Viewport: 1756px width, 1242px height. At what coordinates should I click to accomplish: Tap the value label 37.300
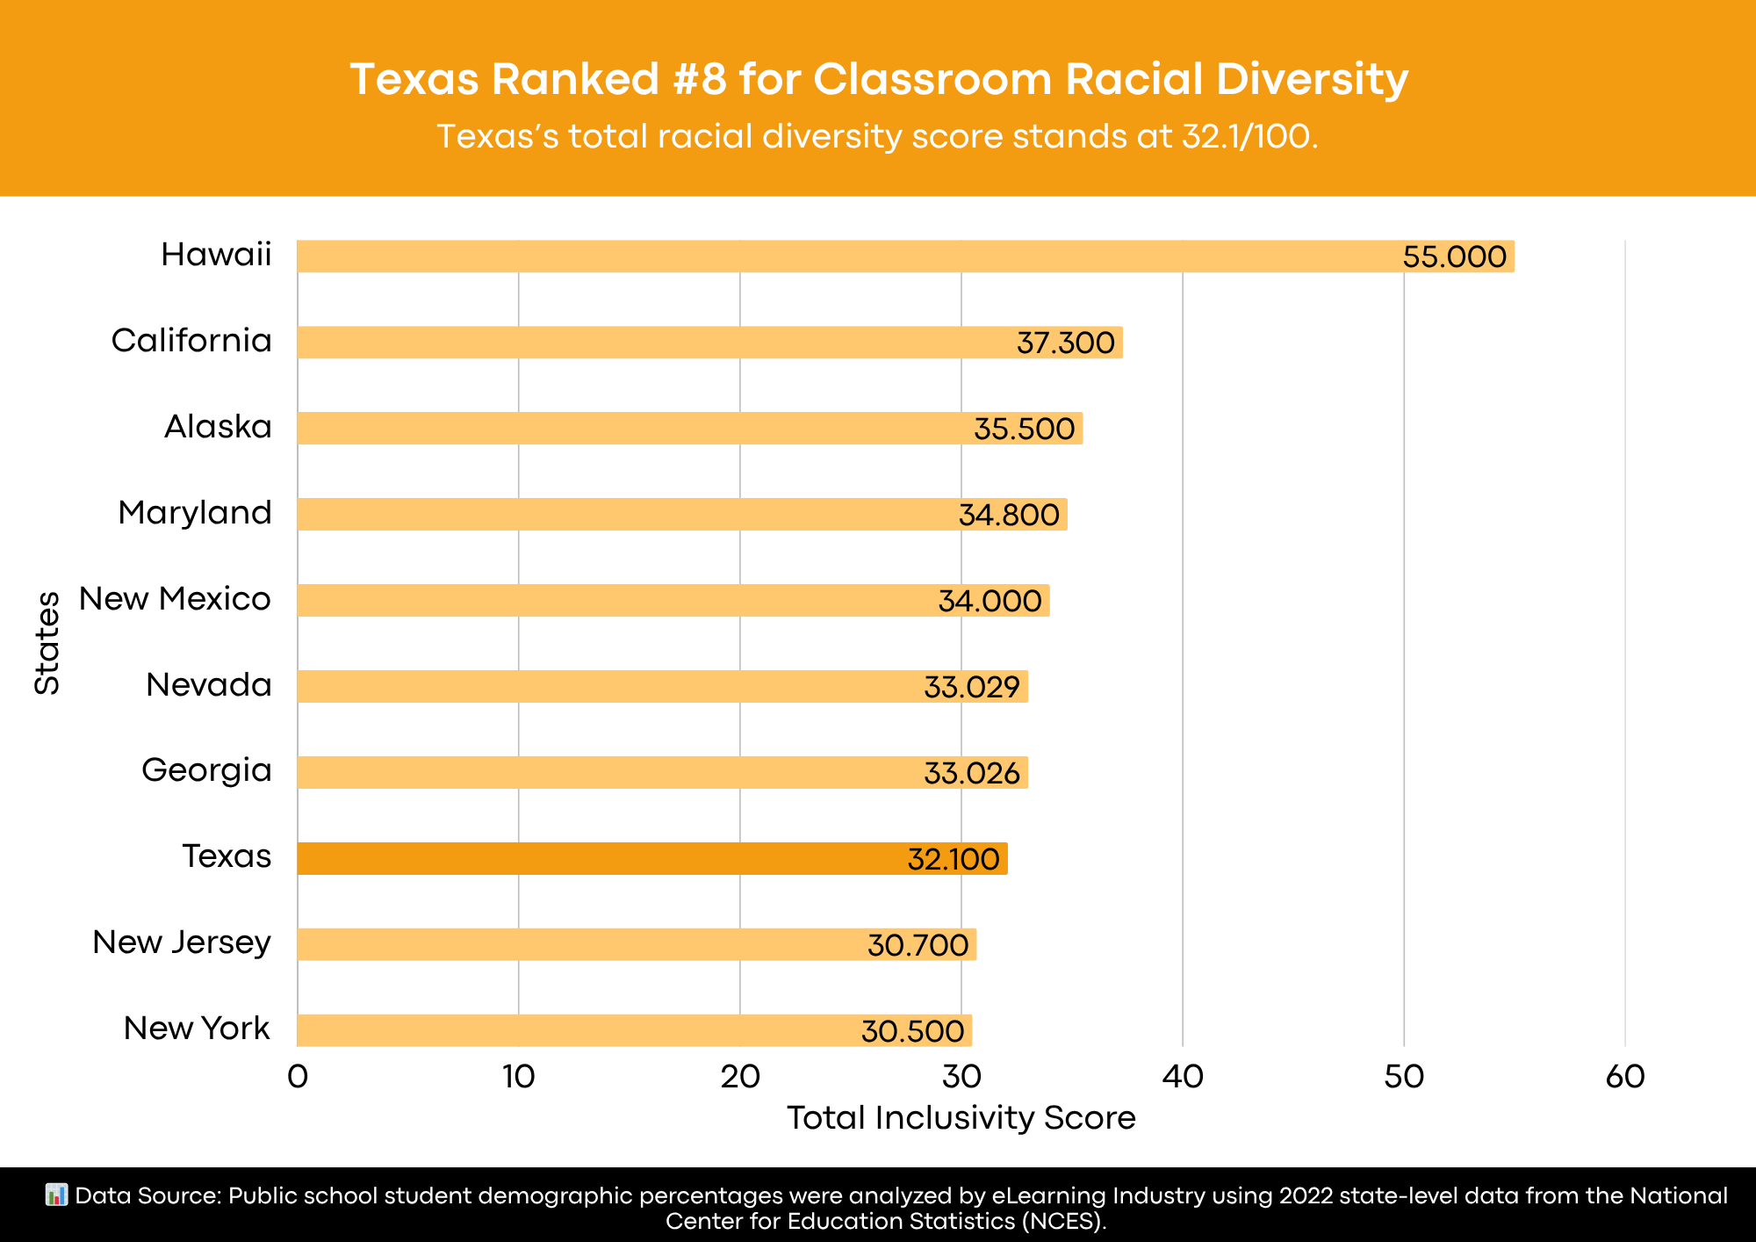(1065, 343)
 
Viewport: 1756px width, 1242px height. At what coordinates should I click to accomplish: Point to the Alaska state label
(218, 427)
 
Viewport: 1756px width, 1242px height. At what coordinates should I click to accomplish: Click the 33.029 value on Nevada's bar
(971, 687)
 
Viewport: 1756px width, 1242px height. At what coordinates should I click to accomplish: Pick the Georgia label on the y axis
(206, 770)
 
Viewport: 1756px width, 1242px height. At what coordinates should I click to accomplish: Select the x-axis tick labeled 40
(1182, 1077)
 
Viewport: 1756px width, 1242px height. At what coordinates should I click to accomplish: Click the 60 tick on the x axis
(1624, 1077)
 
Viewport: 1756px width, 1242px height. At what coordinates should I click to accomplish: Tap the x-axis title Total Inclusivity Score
(961, 1118)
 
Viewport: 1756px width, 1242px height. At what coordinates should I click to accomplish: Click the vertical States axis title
(47, 643)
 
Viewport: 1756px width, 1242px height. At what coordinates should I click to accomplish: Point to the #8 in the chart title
(700, 79)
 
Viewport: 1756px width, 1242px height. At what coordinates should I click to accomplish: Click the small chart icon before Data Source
(56, 1195)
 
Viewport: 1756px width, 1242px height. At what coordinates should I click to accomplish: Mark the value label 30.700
(918, 945)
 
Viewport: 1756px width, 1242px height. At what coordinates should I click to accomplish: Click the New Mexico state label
(175, 599)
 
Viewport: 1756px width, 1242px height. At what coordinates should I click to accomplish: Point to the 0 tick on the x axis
(298, 1077)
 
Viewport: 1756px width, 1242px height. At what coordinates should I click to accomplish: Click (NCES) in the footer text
(1062, 1221)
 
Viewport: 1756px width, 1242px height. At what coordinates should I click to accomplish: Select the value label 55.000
(1454, 257)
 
